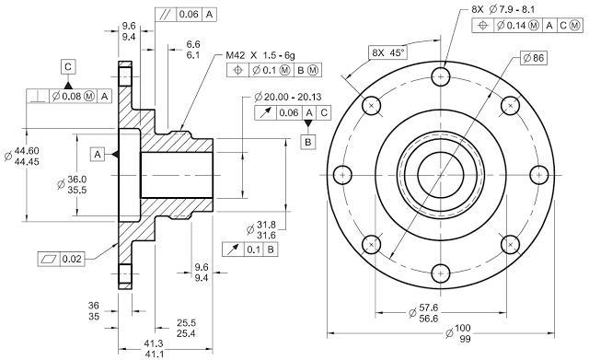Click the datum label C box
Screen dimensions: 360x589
click(x=69, y=66)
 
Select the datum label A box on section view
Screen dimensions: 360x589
click(x=98, y=151)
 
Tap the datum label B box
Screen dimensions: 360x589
click(x=307, y=141)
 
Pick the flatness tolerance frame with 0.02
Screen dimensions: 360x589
click(x=62, y=259)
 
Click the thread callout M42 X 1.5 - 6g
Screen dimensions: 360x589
click(x=266, y=55)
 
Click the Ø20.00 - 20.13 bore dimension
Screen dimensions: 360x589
click(x=292, y=96)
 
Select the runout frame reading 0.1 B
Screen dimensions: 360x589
click(x=248, y=250)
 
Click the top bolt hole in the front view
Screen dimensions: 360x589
click(x=441, y=75)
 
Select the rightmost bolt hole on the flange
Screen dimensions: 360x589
click(x=538, y=173)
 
